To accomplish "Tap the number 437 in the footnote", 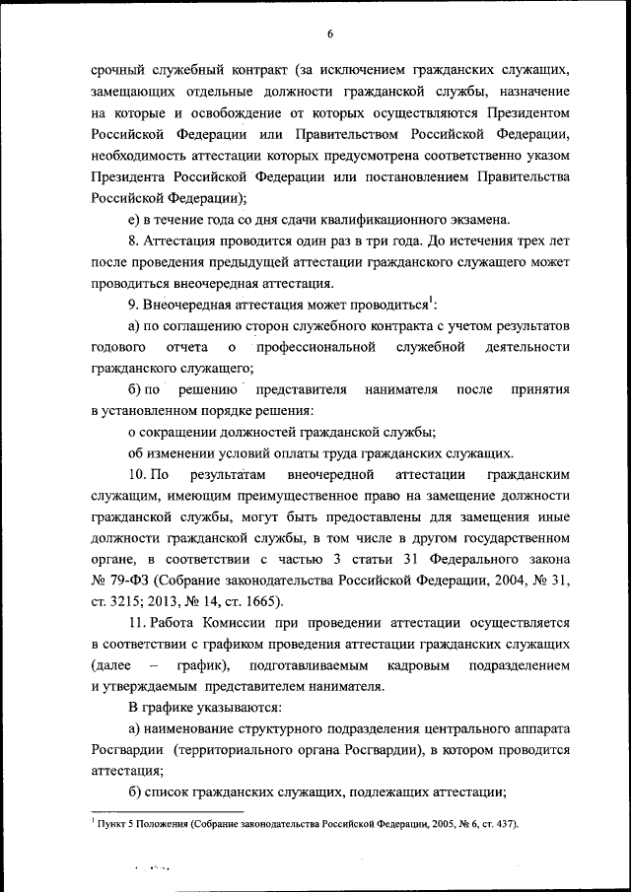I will click(500, 823).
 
